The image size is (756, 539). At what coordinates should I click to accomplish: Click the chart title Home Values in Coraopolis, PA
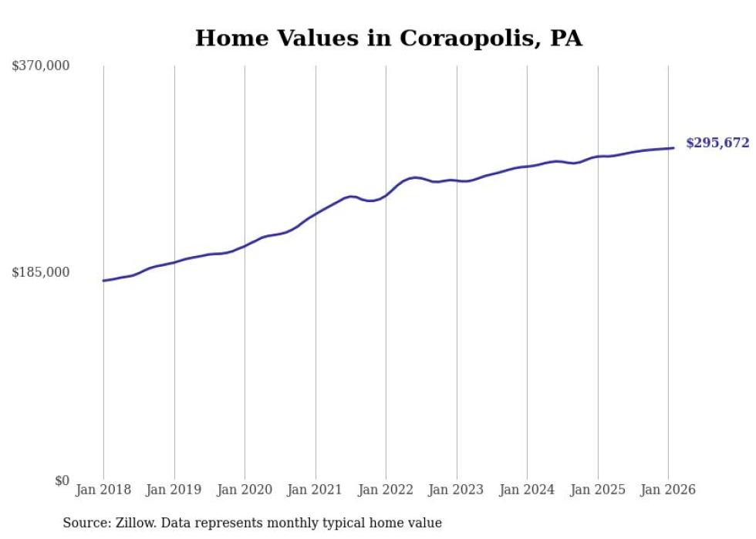coord(388,38)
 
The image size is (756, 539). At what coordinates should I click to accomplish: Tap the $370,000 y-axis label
coord(40,66)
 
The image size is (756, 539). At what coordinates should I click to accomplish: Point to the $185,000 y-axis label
coord(40,272)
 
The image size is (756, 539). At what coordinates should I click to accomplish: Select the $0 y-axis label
coord(62,480)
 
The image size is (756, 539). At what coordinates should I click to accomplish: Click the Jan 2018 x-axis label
coord(103,490)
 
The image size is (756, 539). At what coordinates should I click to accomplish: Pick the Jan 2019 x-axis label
coord(174,490)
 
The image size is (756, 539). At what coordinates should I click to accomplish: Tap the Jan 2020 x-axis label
coord(245,490)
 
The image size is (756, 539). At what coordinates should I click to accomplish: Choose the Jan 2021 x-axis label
coord(316,490)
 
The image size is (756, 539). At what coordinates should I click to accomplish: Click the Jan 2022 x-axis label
coord(386,490)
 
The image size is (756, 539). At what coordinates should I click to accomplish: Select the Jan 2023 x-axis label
coord(457,490)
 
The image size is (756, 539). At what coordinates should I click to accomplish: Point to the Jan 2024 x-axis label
coord(527,490)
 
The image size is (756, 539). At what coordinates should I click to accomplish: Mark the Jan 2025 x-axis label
coord(598,490)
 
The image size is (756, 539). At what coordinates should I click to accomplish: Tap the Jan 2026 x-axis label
coord(668,490)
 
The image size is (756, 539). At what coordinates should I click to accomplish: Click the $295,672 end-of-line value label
coord(717,143)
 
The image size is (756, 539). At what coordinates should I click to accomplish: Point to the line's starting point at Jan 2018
coord(103,281)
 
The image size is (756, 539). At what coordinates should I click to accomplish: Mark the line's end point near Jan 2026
coord(674,148)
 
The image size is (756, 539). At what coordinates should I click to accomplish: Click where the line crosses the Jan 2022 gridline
coord(386,195)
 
